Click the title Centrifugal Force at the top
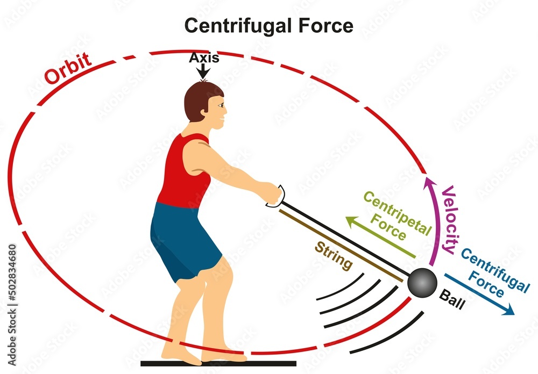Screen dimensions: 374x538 [x=268, y=25]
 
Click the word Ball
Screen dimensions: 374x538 [x=451, y=296]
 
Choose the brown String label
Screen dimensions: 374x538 [x=334, y=256]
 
